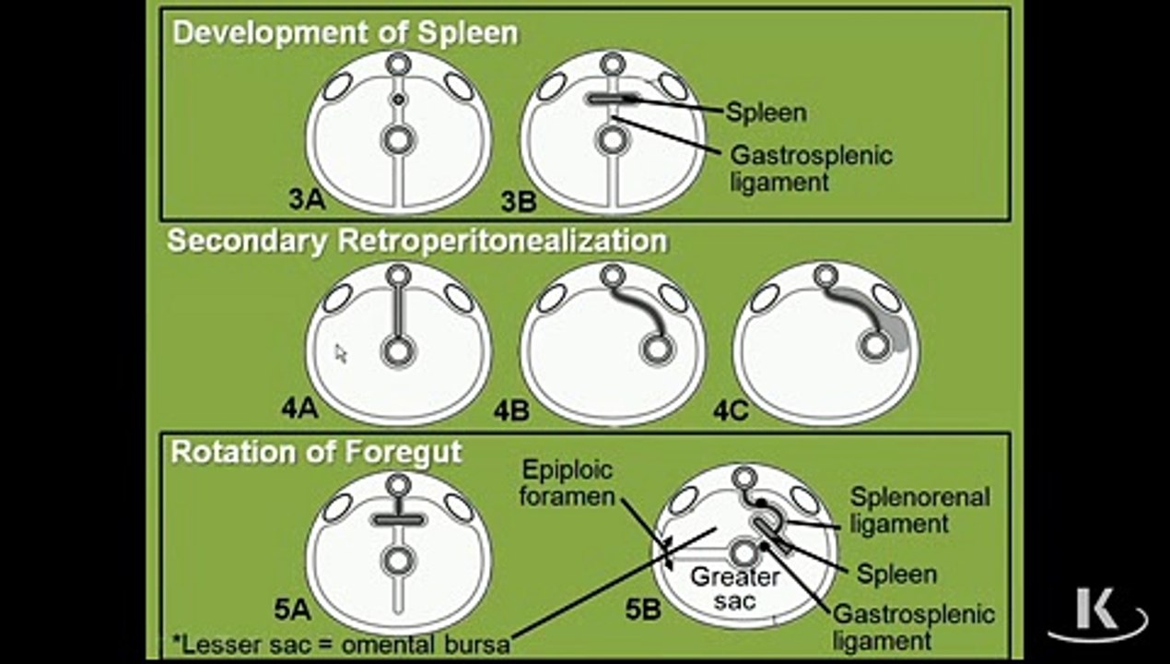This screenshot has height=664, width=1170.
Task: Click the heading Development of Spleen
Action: coord(345,33)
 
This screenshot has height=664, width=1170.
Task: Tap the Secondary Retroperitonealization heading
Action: coord(417,241)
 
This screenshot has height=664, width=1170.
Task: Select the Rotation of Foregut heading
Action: coord(317,452)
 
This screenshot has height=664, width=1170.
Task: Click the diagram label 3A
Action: coord(307,199)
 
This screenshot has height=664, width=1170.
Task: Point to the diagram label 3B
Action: coord(519,202)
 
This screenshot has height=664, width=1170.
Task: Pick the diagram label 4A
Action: coord(299,408)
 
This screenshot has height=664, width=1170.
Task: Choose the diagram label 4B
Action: coord(512,410)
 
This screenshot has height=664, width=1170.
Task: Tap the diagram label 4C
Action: coord(731,410)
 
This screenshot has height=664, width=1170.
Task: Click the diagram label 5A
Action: coord(293,610)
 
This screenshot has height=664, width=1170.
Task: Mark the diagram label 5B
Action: coord(643,610)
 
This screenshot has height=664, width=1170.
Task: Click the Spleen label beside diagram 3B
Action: coord(766,113)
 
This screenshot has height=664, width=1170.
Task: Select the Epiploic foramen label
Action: coord(567,483)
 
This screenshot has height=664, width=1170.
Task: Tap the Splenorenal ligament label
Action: coord(919,510)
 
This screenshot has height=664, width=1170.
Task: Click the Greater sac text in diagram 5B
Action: coord(735,588)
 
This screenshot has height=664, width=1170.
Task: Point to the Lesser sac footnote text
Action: coord(341,644)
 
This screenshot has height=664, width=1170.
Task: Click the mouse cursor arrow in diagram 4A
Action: coord(341,353)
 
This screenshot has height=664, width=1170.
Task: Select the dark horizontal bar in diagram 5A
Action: coord(399,520)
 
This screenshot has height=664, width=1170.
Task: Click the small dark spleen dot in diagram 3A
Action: coord(399,99)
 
